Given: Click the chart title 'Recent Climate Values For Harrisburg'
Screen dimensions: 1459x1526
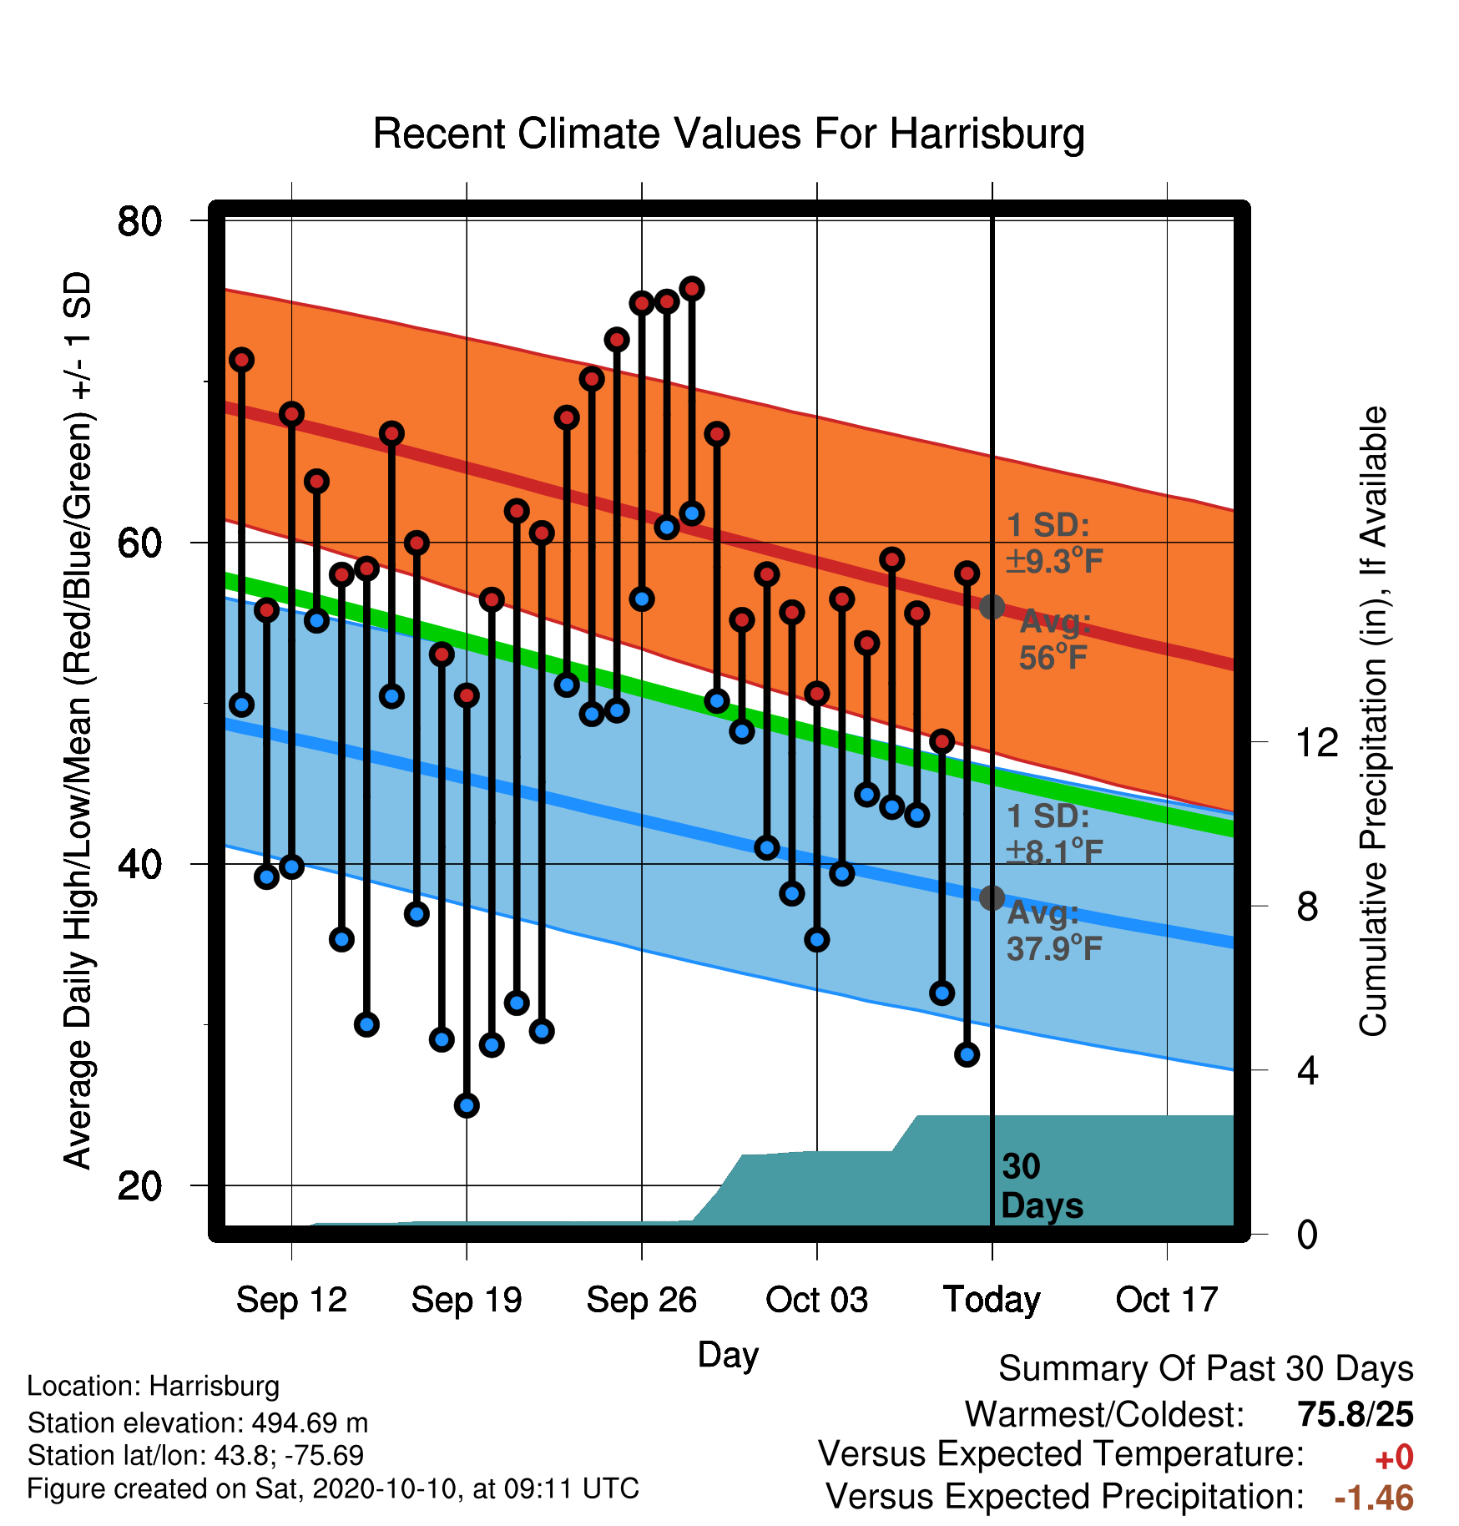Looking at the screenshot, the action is [x=729, y=134].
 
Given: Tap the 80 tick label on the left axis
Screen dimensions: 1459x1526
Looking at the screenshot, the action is [x=139, y=221].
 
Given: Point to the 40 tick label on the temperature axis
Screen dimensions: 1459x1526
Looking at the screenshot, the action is [x=139, y=864].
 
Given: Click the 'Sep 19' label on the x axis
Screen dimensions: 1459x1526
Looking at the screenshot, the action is [x=467, y=1300].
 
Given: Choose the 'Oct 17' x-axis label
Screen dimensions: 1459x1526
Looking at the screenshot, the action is [x=1167, y=1300].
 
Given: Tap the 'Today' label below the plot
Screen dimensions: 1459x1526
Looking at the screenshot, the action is [x=992, y=1300].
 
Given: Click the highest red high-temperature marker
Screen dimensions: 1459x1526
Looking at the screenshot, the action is [x=692, y=289].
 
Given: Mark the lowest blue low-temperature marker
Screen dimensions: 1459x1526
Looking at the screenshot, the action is [x=467, y=1105].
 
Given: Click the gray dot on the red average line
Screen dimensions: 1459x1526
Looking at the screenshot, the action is [x=992, y=607].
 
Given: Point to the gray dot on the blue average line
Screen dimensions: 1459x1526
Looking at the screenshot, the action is [x=992, y=898].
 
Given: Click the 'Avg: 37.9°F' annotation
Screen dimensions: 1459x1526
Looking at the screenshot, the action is [x=1054, y=931].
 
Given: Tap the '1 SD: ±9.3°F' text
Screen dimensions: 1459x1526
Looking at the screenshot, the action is [x=1054, y=543].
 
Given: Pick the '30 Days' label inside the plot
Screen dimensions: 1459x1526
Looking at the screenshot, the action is [x=1042, y=1186].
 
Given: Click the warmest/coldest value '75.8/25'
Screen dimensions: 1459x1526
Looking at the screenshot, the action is [x=1356, y=1414].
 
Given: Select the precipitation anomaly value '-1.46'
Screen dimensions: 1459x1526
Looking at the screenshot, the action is [x=1374, y=1498].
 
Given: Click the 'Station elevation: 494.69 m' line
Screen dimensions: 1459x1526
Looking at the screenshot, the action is [x=198, y=1422].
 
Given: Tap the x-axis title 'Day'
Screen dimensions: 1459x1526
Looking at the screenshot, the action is [x=728, y=1355].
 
